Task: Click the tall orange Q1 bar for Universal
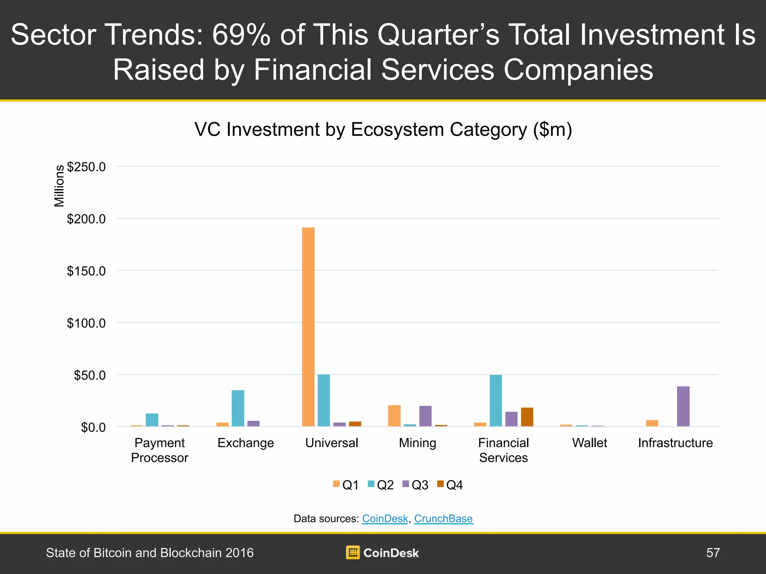click(x=308, y=327)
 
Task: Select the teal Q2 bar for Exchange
click(x=238, y=408)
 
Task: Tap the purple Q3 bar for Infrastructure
click(x=683, y=406)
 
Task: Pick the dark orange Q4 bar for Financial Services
click(x=527, y=417)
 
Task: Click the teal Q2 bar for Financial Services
click(x=496, y=401)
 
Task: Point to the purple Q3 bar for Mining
click(x=425, y=416)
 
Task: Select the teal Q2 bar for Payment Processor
click(x=152, y=420)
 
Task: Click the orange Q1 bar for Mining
click(x=394, y=416)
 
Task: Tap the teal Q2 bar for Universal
click(x=324, y=400)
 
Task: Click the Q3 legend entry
click(x=416, y=485)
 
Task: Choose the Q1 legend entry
click(x=346, y=485)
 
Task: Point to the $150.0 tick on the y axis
click(x=86, y=271)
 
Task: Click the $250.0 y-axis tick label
click(x=86, y=167)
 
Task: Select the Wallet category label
click(x=589, y=443)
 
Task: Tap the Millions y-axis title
click(x=59, y=186)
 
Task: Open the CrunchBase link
click(x=444, y=519)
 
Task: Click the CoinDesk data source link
click(x=385, y=519)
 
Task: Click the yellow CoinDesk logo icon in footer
click(x=353, y=552)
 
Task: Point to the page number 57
click(x=713, y=553)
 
